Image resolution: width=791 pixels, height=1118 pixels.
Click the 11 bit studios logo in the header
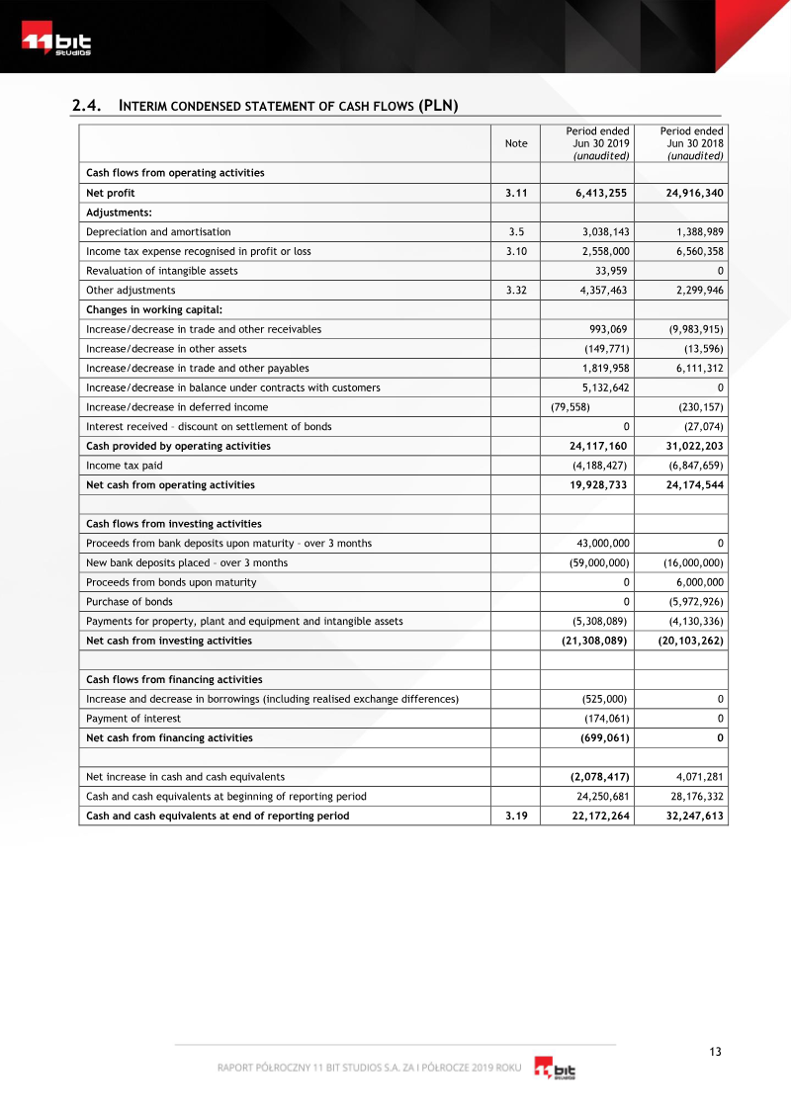[x=56, y=43]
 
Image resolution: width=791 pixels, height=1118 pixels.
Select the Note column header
[x=515, y=143]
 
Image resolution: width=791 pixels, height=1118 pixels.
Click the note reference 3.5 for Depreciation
[x=515, y=231]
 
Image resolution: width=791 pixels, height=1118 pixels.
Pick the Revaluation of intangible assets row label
[x=161, y=271]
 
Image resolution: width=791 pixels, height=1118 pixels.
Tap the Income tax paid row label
[x=125, y=465]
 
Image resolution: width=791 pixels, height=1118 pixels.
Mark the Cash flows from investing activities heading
[x=174, y=524]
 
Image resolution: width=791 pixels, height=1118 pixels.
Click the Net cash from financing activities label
[x=169, y=737]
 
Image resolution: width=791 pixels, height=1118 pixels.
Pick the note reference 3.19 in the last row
[x=515, y=816]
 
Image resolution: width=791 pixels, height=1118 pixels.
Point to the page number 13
[x=715, y=1052]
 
